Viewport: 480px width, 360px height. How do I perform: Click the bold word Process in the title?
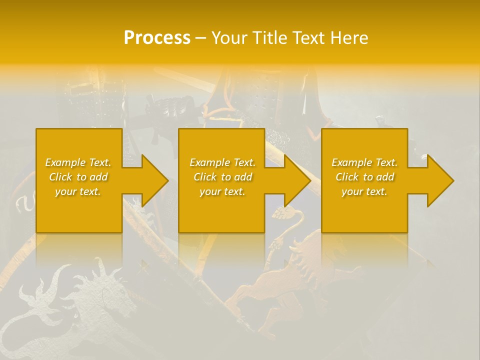coord(157,38)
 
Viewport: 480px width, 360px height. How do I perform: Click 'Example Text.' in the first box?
coord(78,162)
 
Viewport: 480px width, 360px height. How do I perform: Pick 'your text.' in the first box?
coord(78,191)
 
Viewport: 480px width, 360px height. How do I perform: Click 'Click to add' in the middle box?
coord(222,177)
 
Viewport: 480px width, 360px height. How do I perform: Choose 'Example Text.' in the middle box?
coord(222,162)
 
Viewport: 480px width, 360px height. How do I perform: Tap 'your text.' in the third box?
coord(364,191)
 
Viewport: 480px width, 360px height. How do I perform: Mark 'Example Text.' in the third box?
coord(364,162)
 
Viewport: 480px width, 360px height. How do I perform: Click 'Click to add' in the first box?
coord(78,177)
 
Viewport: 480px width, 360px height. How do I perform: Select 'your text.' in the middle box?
coord(222,191)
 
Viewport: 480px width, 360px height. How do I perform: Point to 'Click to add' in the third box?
coord(364,177)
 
